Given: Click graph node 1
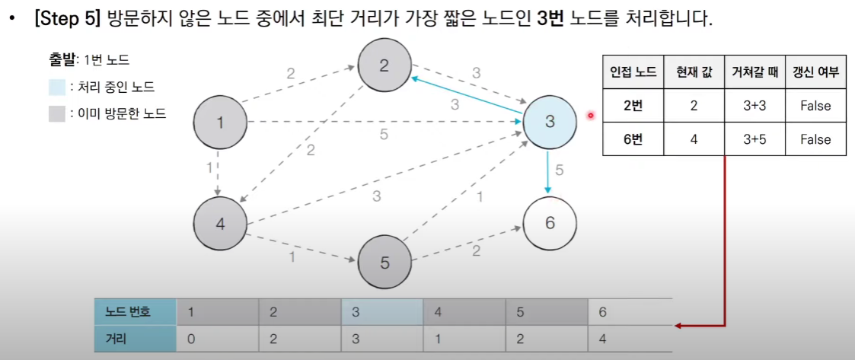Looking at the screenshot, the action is click(x=220, y=121).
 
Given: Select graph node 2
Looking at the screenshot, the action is click(x=384, y=65).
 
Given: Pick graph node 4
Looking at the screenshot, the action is click(x=220, y=225).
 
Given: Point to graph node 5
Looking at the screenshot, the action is click(x=384, y=263).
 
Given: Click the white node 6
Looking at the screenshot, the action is click(x=550, y=223).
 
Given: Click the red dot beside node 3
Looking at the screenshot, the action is click(x=590, y=116).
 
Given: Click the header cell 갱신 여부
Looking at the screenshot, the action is click(x=815, y=72).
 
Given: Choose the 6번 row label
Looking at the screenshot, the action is click(x=633, y=139).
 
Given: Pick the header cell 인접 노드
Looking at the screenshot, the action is click(x=633, y=72).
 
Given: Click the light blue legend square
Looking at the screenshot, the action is click(x=56, y=87).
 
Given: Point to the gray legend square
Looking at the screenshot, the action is click(x=56, y=114).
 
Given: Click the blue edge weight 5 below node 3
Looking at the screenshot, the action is click(x=560, y=170).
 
